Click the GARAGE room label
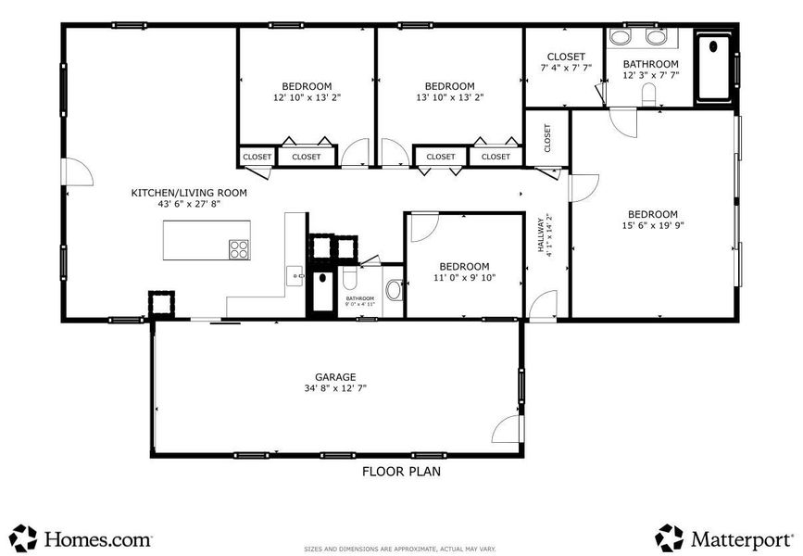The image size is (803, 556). click(335, 377)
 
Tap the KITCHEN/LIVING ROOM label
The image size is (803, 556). click(189, 193)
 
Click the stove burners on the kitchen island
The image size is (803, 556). click(239, 248)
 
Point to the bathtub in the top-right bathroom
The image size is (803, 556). click(713, 67)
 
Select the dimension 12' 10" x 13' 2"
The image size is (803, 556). click(307, 97)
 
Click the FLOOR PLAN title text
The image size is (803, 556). click(400, 472)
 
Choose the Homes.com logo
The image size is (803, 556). click(81, 538)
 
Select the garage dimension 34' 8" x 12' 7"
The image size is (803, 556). click(335, 390)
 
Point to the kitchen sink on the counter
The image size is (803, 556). click(294, 275)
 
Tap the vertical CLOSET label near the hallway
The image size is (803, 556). click(547, 138)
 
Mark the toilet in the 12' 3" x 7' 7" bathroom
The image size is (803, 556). click(648, 93)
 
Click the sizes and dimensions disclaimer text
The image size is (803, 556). click(400, 547)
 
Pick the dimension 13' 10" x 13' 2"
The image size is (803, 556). click(450, 97)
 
